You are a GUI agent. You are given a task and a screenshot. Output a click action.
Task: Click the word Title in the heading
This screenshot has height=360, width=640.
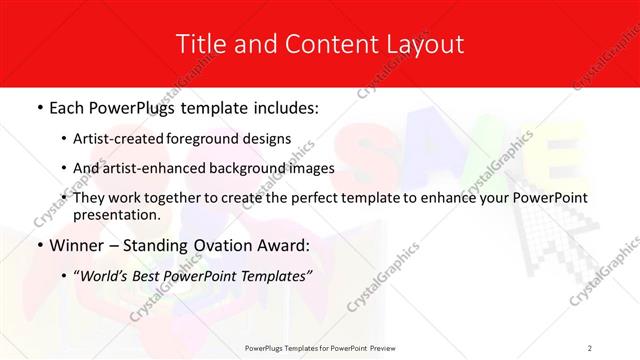198,44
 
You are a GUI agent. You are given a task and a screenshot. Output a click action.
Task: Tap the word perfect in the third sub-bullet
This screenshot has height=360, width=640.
319,198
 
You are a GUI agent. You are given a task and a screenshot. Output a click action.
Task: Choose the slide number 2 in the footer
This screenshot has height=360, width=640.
590,347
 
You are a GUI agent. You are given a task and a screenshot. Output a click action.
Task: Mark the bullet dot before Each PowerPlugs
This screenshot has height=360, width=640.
38,107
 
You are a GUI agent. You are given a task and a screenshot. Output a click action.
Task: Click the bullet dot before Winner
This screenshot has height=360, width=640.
38,246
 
